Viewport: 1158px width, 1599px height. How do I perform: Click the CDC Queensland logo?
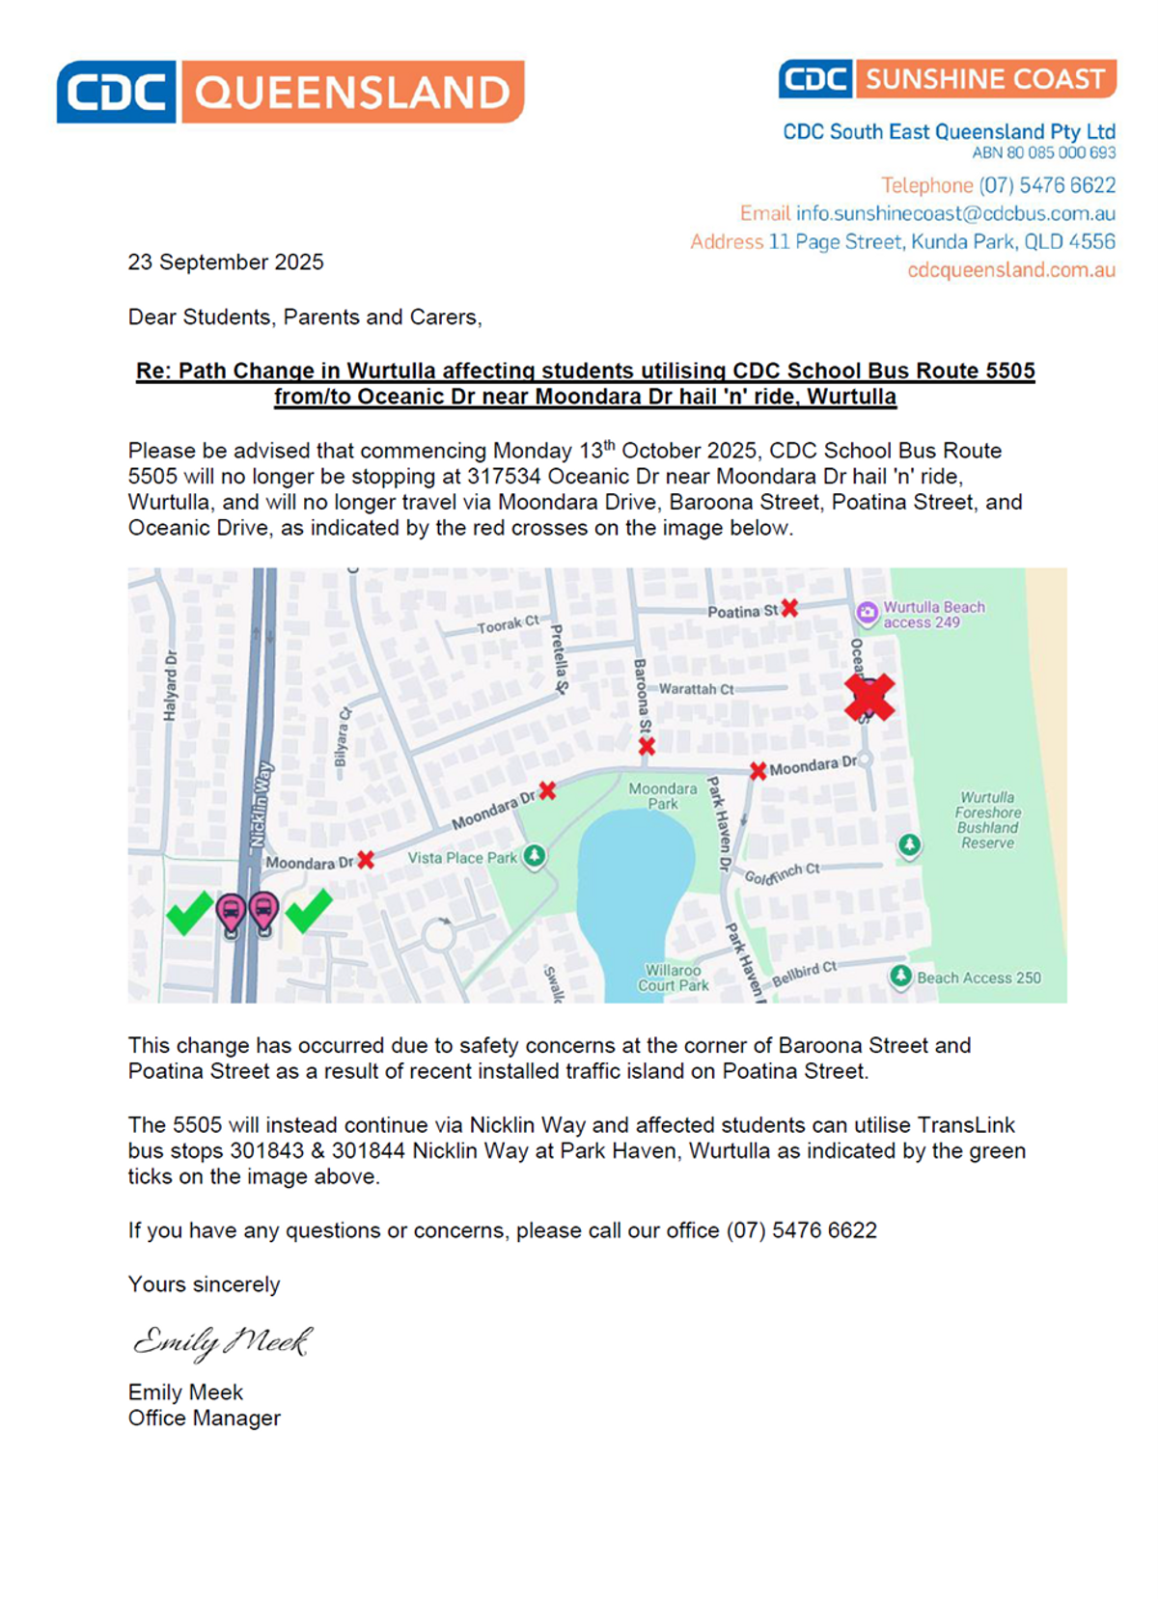(289, 92)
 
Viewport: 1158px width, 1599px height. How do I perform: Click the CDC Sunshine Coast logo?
(947, 79)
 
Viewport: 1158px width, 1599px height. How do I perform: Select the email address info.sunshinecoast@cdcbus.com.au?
(955, 213)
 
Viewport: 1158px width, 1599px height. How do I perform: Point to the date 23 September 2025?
(226, 262)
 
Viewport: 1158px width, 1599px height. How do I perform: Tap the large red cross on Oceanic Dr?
(869, 697)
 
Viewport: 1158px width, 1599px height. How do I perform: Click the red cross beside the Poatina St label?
(789, 608)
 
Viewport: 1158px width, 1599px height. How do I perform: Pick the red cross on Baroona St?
(647, 746)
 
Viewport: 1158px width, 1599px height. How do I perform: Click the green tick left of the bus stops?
(190, 912)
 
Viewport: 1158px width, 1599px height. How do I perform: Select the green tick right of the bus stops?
(309, 910)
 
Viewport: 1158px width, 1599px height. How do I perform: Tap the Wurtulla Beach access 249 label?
(933, 615)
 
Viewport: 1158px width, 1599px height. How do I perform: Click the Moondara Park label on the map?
(662, 796)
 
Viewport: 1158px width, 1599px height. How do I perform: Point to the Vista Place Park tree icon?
(534, 856)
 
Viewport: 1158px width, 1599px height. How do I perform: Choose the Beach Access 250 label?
(979, 978)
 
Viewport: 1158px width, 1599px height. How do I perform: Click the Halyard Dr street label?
(171, 685)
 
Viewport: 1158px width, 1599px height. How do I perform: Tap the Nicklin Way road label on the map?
(262, 804)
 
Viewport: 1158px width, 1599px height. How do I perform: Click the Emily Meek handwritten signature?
(222, 1340)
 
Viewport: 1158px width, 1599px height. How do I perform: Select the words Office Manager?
(205, 1419)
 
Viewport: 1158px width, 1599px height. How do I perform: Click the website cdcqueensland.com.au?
(1010, 270)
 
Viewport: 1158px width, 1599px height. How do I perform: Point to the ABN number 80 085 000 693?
(1043, 152)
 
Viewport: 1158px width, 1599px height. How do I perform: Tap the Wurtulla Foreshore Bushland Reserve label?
(987, 820)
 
